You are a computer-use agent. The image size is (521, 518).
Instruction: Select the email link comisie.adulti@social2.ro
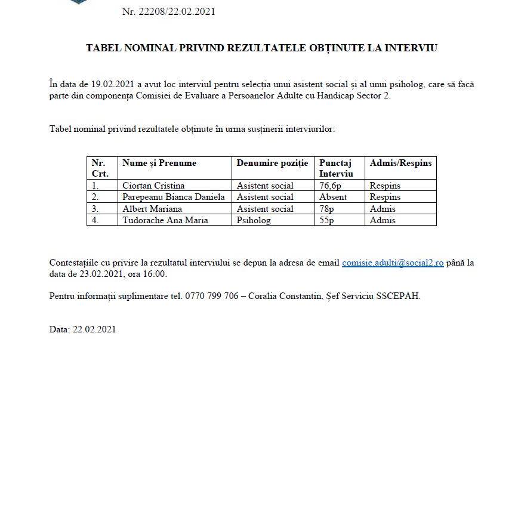tap(393, 263)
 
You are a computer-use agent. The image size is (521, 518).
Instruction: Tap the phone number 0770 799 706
tap(214, 295)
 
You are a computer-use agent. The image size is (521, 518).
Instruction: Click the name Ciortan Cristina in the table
tap(153, 186)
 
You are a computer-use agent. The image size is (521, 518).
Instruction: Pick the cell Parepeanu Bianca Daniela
tap(174, 197)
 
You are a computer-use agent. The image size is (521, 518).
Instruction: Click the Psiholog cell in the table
tap(254, 220)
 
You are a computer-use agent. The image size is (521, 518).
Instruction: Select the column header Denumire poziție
tap(272, 163)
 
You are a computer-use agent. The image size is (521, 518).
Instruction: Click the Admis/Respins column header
tap(400, 163)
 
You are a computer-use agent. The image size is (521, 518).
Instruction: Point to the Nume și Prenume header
tap(159, 163)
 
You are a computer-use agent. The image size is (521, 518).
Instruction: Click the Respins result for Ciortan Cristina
tap(385, 186)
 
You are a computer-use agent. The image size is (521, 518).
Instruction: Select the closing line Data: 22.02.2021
tap(82, 329)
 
